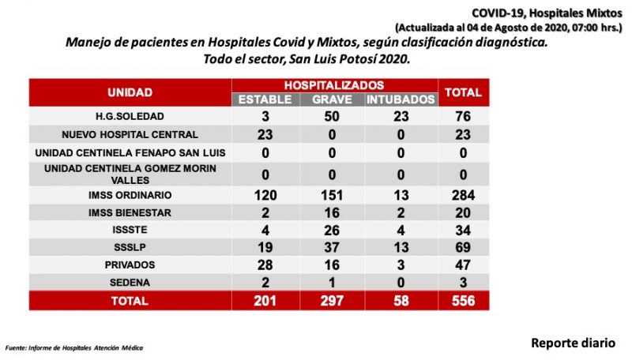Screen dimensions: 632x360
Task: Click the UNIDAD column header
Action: [x=130, y=92]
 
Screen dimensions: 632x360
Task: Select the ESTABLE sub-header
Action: [x=265, y=99]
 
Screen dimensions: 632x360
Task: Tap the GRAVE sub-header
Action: [x=332, y=99]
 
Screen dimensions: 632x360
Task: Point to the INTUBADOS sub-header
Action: [x=401, y=99]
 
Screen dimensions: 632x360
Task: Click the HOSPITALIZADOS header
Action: [x=334, y=85]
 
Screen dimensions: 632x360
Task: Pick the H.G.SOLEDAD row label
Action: [x=130, y=116]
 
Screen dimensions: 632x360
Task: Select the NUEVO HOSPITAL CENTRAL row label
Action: [x=130, y=134]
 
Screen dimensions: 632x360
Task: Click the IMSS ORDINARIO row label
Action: [x=130, y=195]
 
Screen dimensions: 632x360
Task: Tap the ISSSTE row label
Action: [x=130, y=230]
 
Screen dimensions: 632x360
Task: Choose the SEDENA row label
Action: [x=130, y=283]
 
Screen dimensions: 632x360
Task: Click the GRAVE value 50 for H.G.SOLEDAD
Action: [x=332, y=116]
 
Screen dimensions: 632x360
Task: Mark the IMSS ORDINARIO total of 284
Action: [x=463, y=195]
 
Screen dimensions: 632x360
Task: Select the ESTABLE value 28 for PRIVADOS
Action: [x=265, y=265]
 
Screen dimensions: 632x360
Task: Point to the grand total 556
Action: [x=463, y=301]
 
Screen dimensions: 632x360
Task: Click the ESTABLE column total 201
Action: [x=265, y=301]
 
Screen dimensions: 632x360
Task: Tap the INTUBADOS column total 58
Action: [x=401, y=301]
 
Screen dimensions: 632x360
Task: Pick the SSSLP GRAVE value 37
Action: [x=332, y=247]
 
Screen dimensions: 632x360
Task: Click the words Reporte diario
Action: [x=574, y=343]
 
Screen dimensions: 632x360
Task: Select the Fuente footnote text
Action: [x=74, y=348]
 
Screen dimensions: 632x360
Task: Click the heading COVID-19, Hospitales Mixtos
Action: [x=547, y=13]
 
